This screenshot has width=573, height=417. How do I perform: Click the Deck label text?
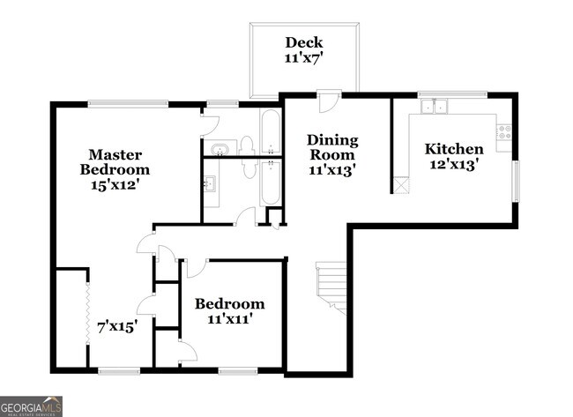tap(303, 42)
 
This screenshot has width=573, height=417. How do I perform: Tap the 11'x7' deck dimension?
tap(303, 59)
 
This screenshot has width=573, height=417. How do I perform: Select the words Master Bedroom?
tap(115, 161)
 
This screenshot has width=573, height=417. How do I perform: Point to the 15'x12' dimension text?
tap(115, 186)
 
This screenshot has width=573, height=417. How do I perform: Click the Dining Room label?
tap(332, 147)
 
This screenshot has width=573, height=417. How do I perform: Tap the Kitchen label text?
tap(453, 148)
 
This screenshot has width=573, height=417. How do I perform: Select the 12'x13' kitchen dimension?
tap(453, 165)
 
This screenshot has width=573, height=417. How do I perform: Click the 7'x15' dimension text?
tap(117, 325)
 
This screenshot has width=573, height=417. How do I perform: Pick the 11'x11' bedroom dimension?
tap(229, 319)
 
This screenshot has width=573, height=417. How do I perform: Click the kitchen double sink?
tap(434, 108)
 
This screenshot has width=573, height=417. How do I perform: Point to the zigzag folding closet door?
tap(87, 304)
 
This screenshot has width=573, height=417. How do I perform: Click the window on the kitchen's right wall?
tap(517, 181)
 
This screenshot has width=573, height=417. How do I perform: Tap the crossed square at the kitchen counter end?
tap(401, 185)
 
